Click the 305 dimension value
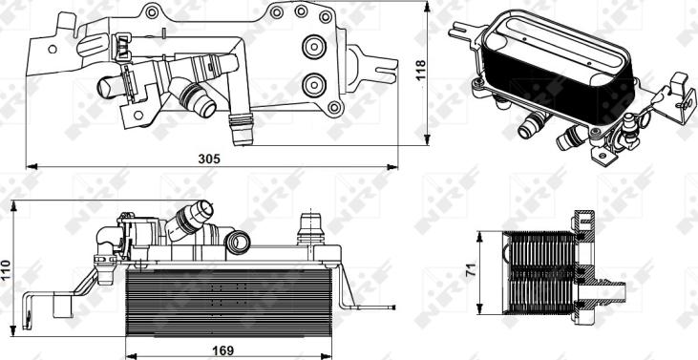click(210, 159)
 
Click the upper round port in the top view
click(314, 44)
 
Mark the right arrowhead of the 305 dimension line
click(387, 168)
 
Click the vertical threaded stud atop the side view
click(307, 229)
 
